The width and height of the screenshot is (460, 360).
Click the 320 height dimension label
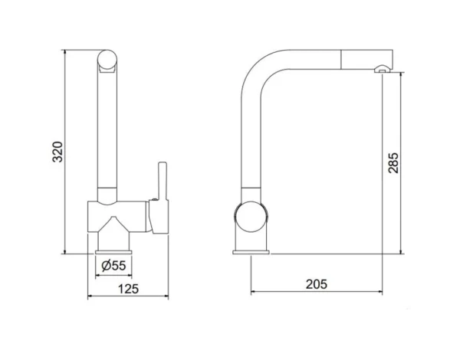58,152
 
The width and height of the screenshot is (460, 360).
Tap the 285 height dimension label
393,162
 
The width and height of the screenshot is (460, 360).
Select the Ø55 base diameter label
113,266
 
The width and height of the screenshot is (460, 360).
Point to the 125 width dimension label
128,289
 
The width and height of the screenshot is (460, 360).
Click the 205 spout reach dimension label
317,284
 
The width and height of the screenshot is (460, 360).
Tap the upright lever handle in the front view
163,181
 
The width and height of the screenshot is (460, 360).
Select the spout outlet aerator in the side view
382,69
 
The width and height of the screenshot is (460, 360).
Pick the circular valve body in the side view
251,217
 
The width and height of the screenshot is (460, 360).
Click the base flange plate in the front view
113,252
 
